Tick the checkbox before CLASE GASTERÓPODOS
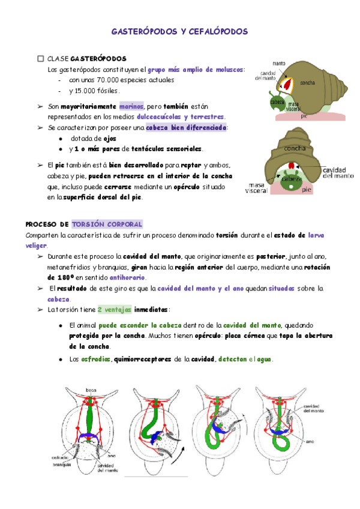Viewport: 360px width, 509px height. [x=41, y=59]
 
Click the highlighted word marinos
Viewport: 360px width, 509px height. [x=131, y=106]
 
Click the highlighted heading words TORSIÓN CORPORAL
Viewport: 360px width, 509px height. [x=107, y=224]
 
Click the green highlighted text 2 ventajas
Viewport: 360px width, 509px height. [x=115, y=310]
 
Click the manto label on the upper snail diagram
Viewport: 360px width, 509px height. [x=278, y=63]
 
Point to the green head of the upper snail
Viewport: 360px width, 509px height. [x=275, y=102]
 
